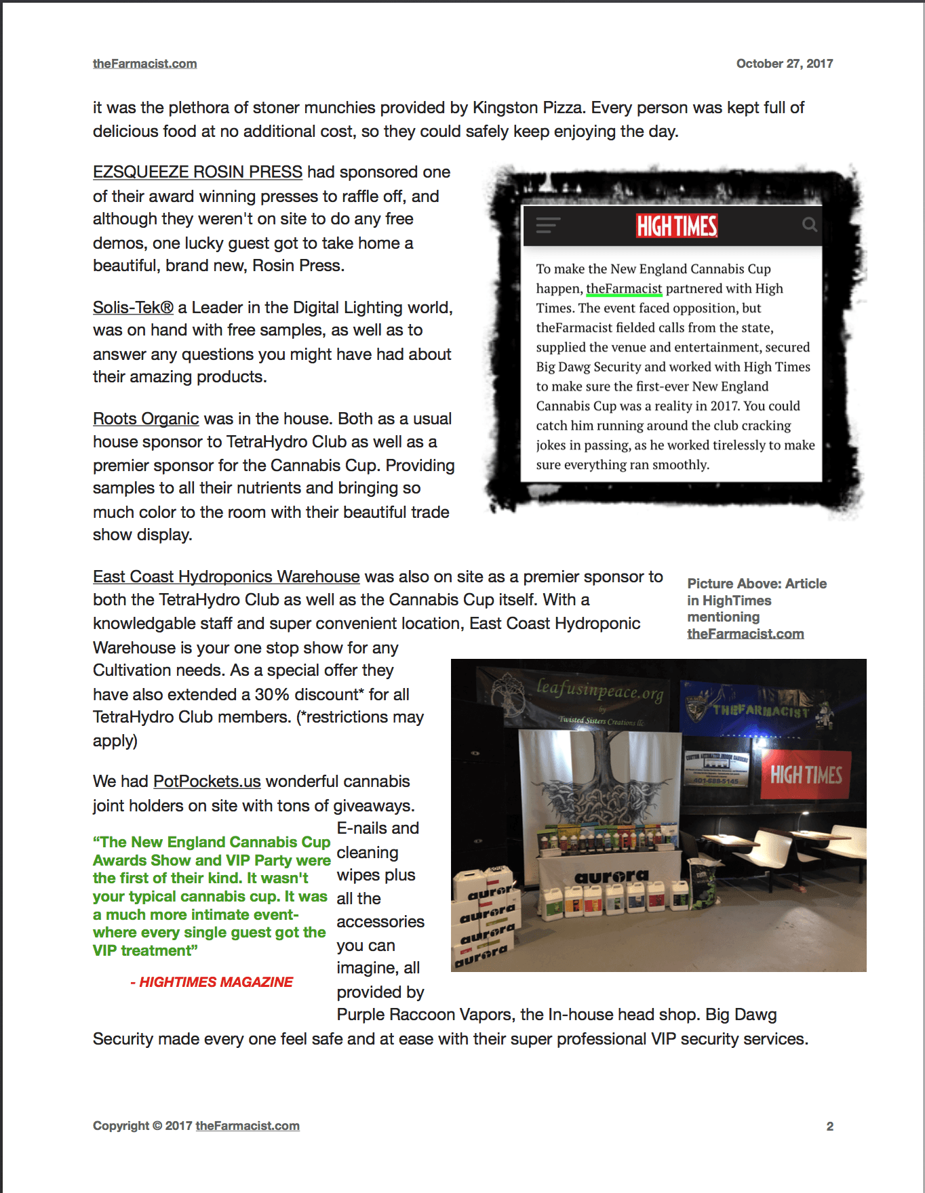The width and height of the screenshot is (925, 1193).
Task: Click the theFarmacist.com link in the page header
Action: (144, 64)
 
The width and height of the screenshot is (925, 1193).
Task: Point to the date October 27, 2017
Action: (784, 64)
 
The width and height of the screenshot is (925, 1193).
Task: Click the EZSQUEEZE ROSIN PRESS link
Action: (197, 172)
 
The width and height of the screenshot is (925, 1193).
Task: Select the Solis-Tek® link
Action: (133, 308)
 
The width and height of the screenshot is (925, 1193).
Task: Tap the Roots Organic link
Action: (146, 419)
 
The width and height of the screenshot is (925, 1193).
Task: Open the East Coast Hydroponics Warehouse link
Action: (226, 577)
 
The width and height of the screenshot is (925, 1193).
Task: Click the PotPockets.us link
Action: (207, 782)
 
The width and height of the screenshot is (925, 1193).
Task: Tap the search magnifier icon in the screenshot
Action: (809, 224)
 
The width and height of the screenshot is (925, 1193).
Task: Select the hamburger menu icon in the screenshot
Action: (548, 225)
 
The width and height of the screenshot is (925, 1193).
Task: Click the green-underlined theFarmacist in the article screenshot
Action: (624, 289)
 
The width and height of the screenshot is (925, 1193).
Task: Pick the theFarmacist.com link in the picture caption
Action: (745, 634)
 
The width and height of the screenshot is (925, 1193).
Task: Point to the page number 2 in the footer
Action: (829, 1126)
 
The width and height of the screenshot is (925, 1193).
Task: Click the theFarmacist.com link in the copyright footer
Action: (248, 1126)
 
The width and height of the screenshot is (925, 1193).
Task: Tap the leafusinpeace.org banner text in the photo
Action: (599, 690)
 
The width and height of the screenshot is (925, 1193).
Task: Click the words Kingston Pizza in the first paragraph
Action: (527, 108)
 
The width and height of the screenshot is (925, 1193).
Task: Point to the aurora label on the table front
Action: (611, 876)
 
